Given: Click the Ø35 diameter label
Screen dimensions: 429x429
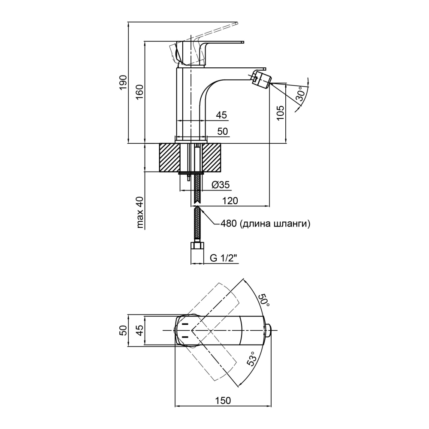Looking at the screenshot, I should point(221,185).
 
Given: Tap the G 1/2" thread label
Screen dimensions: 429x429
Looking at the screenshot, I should point(224,258).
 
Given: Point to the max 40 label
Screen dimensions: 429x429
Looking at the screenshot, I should point(140,212).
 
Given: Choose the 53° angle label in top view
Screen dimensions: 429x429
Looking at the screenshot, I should point(252,358).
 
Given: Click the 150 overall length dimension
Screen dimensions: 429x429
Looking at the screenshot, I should point(223,400).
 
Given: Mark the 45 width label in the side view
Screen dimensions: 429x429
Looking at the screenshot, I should point(221,115).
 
